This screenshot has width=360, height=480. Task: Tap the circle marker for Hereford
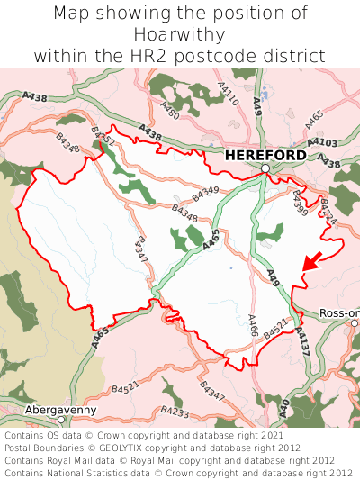[266, 168]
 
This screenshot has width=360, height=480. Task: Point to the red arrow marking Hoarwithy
[310, 262]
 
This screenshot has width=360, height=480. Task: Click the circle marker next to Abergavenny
[61, 420]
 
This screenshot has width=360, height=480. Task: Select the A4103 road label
[321, 142]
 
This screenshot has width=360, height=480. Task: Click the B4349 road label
[205, 191]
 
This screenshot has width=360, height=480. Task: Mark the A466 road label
[253, 325]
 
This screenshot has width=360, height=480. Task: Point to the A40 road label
[284, 408]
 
